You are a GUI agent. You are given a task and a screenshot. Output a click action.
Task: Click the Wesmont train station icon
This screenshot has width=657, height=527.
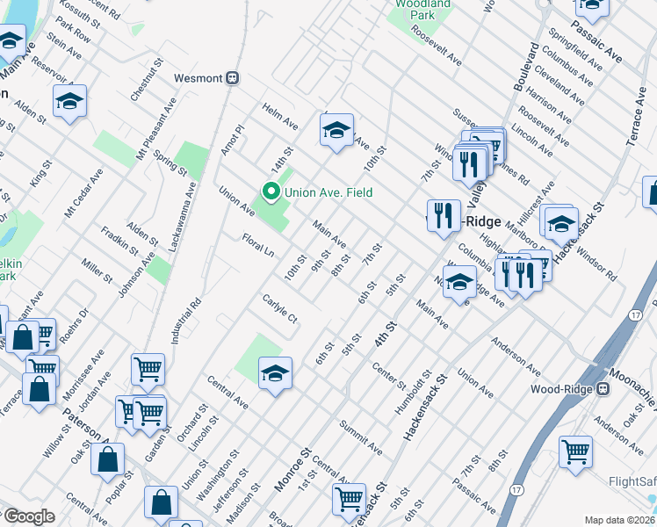pyautogui.click(x=233, y=77)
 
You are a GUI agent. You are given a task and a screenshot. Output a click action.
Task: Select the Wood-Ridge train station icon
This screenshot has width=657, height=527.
pyautogui.click(x=603, y=388)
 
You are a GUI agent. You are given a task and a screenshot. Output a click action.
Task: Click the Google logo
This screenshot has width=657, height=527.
pyautogui.click(x=29, y=516)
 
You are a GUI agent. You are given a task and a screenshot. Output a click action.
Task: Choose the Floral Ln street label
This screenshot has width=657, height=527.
pyautogui.click(x=258, y=244)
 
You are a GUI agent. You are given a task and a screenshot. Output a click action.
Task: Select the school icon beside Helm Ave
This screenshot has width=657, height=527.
pyautogui.click(x=336, y=131)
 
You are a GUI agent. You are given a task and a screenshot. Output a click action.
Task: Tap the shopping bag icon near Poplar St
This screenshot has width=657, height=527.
pyautogui.click(x=107, y=458)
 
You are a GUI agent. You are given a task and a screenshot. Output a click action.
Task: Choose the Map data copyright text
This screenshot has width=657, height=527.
pyautogui.click(x=620, y=520)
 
